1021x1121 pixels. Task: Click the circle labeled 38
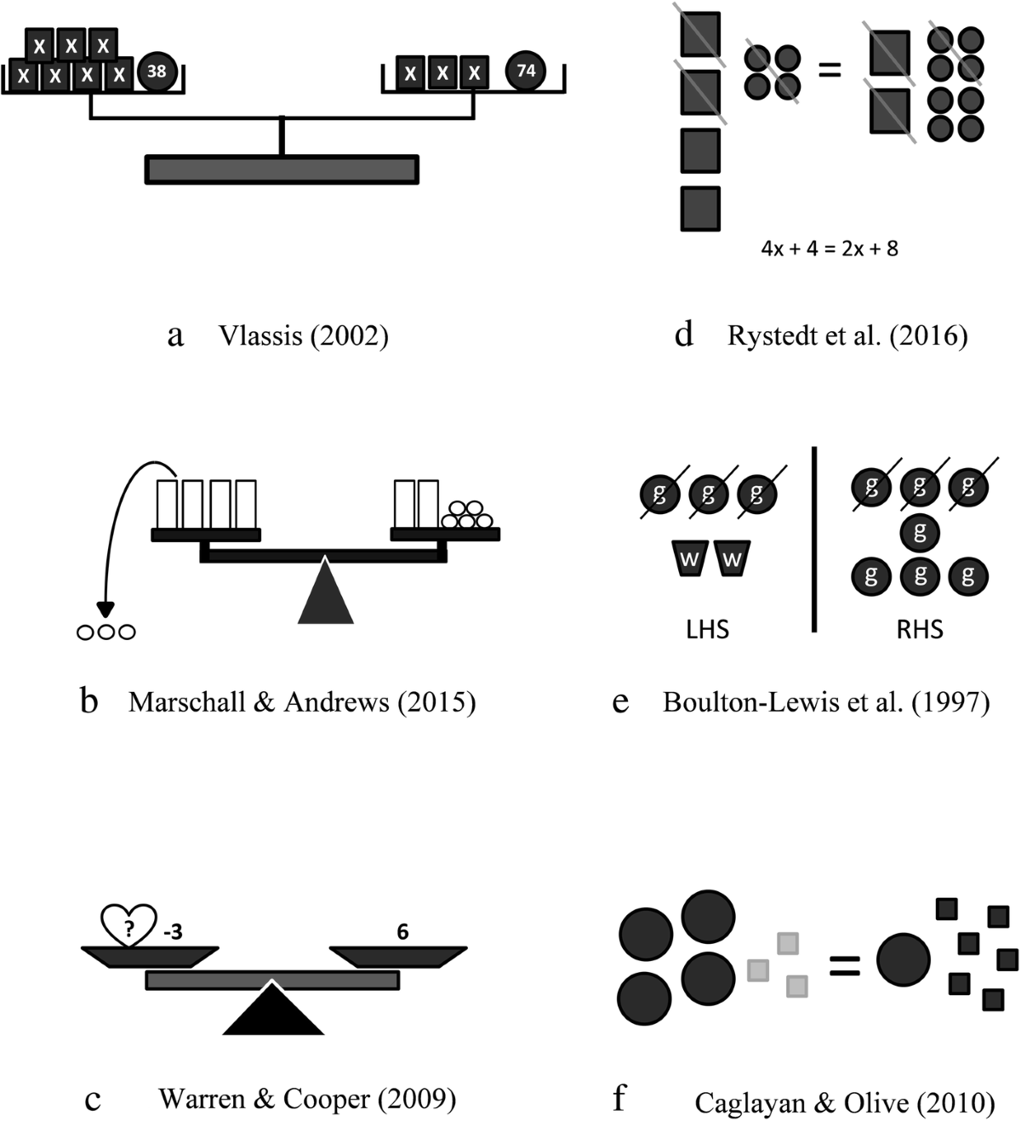[157, 71]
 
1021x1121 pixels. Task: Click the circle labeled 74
[526, 71]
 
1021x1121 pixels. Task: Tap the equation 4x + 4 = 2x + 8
[830, 249]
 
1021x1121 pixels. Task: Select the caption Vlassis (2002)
[303, 336]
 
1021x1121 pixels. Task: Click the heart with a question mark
[128, 925]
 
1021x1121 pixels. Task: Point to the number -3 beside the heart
[172, 932]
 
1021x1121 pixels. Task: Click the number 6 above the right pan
[402, 932]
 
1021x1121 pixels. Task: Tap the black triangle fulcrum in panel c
[272, 1010]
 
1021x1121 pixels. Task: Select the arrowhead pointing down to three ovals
[106, 610]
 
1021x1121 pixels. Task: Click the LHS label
[708, 629]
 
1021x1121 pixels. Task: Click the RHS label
[920, 629]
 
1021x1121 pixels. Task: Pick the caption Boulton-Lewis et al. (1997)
[826, 702]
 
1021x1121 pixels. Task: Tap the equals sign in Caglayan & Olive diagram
[844, 964]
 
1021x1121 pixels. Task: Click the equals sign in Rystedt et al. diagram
[829, 70]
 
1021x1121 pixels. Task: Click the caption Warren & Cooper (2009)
[307, 1099]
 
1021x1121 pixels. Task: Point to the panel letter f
[619, 1099]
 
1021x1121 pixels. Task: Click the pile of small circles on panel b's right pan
[466, 515]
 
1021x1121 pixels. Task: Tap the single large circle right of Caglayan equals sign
[903, 960]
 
